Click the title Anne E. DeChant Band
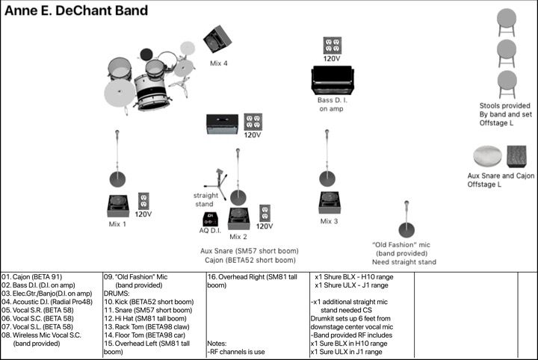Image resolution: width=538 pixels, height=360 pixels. pyautogui.click(x=76, y=10)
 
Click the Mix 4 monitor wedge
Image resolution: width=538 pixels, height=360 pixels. pyautogui.click(x=217, y=39)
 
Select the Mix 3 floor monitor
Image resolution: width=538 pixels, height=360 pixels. pyautogui.click(x=330, y=202)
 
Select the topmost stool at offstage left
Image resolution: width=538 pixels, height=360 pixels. pyautogui.click(x=507, y=20)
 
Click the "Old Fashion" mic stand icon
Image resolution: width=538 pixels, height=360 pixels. pyautogui.click(x=406, y=220)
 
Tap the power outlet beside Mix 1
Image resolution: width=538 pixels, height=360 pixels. pyautogui.click(x=143, y=200)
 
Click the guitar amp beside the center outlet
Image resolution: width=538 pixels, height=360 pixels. pyautogui.click(x=222, y=124)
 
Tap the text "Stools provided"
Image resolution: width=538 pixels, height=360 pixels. pyautogui.click(x=505, y=105)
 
